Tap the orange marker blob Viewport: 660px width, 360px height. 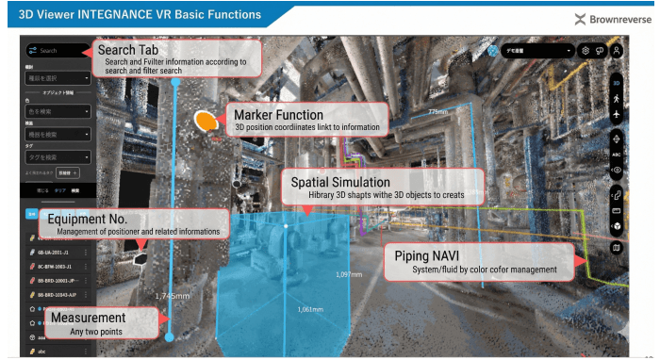coord(205,121)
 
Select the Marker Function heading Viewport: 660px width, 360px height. coord(279,115)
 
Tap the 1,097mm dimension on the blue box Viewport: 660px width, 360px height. coord(349,274)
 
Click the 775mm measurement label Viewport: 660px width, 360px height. coord(437,112)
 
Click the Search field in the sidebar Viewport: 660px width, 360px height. coord(57,51)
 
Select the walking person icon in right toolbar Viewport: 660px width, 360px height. coord(616,98)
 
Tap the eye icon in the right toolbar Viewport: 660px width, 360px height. coord(616,170)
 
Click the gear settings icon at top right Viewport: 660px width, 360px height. coord(586,51)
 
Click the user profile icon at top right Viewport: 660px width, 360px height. coord(617,51)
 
